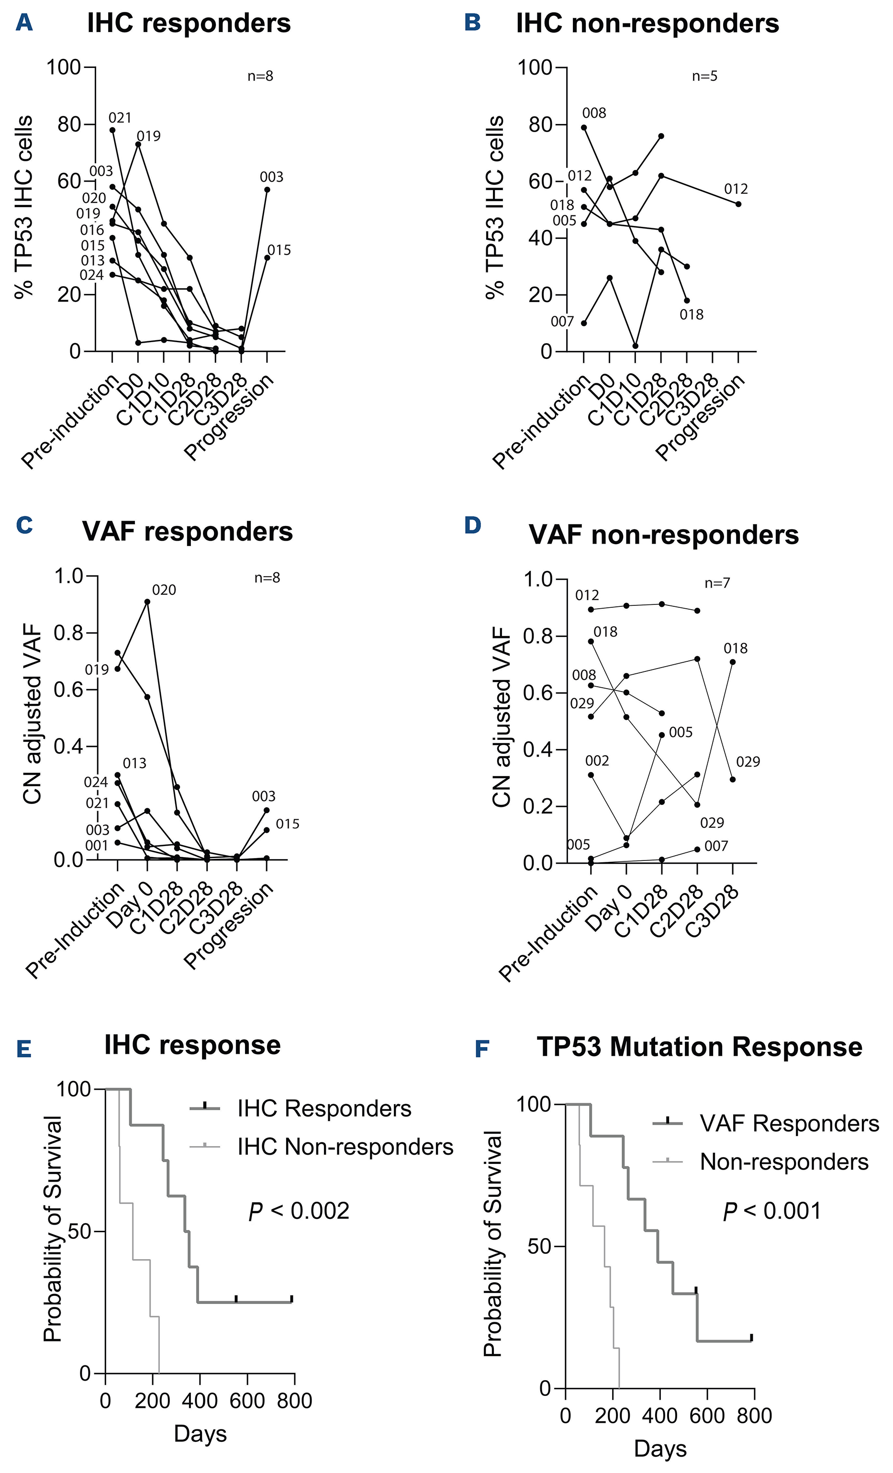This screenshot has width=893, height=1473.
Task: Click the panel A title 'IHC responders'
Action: (189, 24)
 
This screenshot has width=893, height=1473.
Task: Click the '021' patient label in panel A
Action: (120, 118)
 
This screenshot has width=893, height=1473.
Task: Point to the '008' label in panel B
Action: (594, 113)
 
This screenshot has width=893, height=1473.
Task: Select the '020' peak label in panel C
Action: (164, 591)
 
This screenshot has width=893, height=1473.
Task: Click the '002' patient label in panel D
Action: (597, 761)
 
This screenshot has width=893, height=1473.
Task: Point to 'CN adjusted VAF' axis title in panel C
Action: (33, 714)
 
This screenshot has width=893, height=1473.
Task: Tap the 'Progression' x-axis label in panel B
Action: (701, 418)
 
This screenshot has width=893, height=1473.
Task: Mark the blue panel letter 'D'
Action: (472, 527)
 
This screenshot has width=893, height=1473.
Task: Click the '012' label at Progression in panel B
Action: (736, 190)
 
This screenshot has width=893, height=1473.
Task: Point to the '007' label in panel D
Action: (716, 846)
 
